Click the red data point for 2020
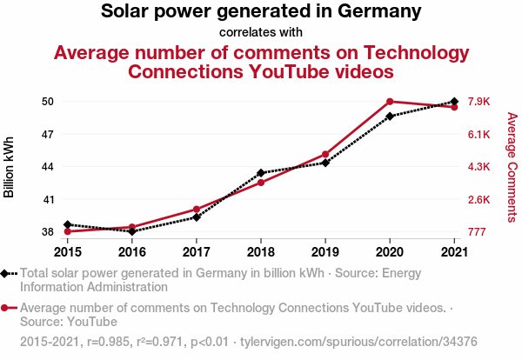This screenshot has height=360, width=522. coord(390,102)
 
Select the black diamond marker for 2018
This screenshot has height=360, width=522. coord(261,173)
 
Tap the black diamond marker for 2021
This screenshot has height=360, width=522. coord(454,102)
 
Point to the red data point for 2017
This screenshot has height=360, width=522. coord(197,210)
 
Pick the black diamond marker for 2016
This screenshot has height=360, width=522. coord(132,231)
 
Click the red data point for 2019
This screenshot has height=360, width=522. coord(325,155)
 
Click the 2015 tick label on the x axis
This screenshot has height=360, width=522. coord(68,251)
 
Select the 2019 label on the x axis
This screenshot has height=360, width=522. coord(325,251)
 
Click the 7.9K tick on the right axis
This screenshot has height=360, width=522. coord(479,102)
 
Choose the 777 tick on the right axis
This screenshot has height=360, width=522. coord(478,232)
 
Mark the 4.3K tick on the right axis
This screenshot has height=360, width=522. coord(479,167)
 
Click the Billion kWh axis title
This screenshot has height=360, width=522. coord(10,167)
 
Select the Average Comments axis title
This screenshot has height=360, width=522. coord(512,167)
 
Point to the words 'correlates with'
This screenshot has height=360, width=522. coord(261,32)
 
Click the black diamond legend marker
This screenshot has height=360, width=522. coord(6,273)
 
